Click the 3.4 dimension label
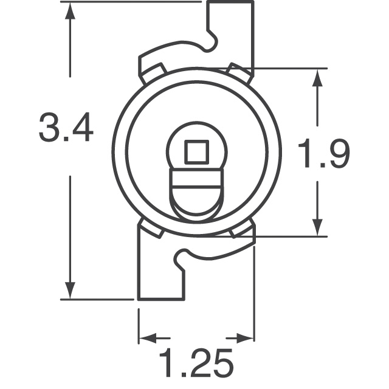click(x=66, y=128)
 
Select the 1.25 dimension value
click(x=196, y=363)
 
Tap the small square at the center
click(x=196, y=153)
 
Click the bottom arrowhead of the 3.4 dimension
click(x=72, y=288)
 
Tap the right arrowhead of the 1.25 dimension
click(x=244, y=337)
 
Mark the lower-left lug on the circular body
click(x=151, y=229)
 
